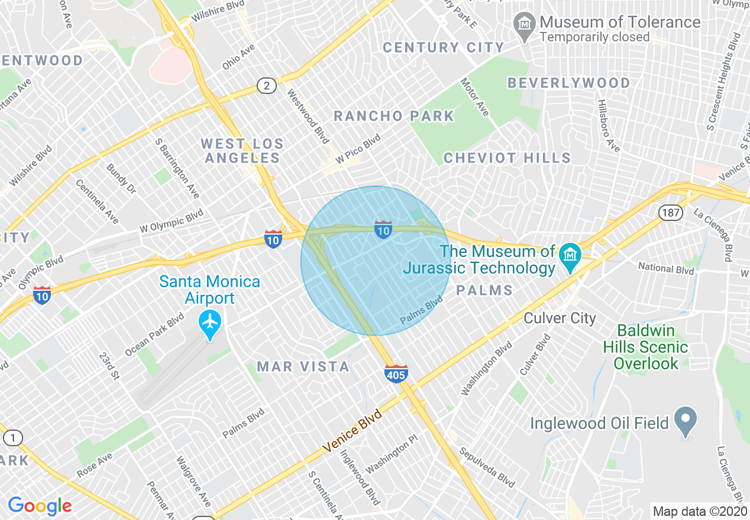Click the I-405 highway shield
click(x=396, y=373)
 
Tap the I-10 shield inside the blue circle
click(x=383, y=229)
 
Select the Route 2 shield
click(x=267, y=86)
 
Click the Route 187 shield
click(x=671, y=212)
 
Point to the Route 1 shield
click(x=13, y=438)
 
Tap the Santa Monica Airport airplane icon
click(x=210, y=323)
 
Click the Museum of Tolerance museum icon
click(x=524, y=24)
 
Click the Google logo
click(x=40, y=506)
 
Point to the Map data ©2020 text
click(x=699, y=511)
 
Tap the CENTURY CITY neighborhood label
click(x=444, y=48)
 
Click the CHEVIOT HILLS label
click(x=507, y=158)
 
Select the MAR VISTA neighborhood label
click(x=303, y=366)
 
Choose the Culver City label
click(x=560, y=318)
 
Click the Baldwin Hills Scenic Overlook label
click(x=645, y=347)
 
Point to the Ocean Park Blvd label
click(x=155, y=335)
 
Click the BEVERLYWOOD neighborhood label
click(x=569, y=83)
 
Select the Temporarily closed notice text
click(x=594, y=37)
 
